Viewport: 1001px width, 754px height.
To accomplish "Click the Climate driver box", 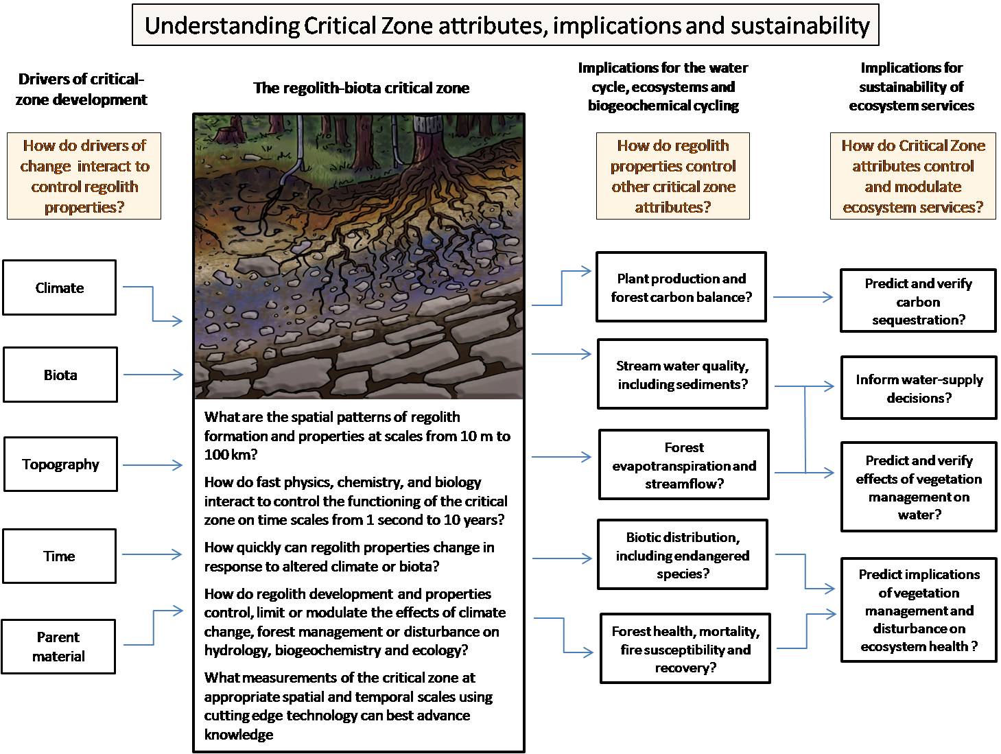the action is click(x=59, y=287).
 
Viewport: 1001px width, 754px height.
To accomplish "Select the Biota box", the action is click(x=60, y=375).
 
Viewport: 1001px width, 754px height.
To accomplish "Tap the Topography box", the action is click(x=60, y=464).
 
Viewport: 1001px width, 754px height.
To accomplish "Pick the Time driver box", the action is click(x=59, y=556).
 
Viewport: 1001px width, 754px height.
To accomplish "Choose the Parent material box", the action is click(x=58, y=646).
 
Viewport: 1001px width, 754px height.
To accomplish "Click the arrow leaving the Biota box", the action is click(x=153, y=375).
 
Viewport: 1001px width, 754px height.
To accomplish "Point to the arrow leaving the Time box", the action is click(x=152, y=554).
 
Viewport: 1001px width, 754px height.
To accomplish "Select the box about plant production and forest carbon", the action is click(x=681, y=287).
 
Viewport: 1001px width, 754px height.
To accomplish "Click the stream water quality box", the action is click(x=682, y=375).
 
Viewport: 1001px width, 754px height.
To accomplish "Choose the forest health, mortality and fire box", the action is click(x=685, y=649).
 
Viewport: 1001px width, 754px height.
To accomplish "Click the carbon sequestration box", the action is click(x=919, y=301).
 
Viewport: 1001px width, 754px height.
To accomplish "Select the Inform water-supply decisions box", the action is click(x=919, y=388).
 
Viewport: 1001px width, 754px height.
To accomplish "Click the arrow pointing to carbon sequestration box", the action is click(x=803, y=297).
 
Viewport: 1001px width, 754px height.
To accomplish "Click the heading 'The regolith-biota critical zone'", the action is click(x=361, y=88).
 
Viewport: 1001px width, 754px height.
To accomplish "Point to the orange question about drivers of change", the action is click(x=84, y=176).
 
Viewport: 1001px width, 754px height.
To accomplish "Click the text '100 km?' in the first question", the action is click(x=231, y=454).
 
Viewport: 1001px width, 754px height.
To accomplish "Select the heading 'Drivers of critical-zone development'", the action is click(x=81, y=89).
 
